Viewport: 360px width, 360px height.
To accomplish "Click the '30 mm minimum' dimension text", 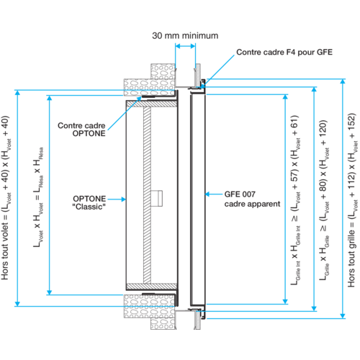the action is point(185,36).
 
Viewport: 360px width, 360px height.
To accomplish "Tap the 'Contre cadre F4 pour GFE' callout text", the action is point(284,52).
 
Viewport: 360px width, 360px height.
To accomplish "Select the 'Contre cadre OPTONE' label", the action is point(81,130).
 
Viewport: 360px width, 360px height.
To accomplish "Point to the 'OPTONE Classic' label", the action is point(89,202).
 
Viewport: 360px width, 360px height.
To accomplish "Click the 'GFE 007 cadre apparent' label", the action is point(252,199).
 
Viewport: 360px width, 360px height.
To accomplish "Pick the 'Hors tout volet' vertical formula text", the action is point(6,198).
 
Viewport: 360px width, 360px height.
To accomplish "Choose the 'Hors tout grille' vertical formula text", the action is point(352,200).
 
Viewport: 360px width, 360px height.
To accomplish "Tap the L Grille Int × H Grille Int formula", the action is point(295,200).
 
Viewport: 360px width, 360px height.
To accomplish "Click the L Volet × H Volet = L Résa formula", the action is point(38,197).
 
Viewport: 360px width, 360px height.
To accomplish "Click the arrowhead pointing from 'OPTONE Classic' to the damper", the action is point(124,199).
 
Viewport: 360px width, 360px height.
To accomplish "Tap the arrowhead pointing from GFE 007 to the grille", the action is point(207,194).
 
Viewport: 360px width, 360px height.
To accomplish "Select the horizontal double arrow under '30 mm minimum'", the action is point(185,46).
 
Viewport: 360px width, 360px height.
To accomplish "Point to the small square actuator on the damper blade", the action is point(157,198).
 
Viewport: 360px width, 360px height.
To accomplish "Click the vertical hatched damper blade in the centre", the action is point(147,195).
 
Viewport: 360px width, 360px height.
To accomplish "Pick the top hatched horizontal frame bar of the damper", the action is point(152,104).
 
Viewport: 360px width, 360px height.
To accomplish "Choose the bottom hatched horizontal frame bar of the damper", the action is point(152,287).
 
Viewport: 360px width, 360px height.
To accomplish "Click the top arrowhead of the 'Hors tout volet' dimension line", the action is point(17,93).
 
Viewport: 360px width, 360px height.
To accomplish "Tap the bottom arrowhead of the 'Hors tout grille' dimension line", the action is point(343,315).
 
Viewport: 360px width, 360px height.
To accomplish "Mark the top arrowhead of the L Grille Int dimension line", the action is point(285,97).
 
